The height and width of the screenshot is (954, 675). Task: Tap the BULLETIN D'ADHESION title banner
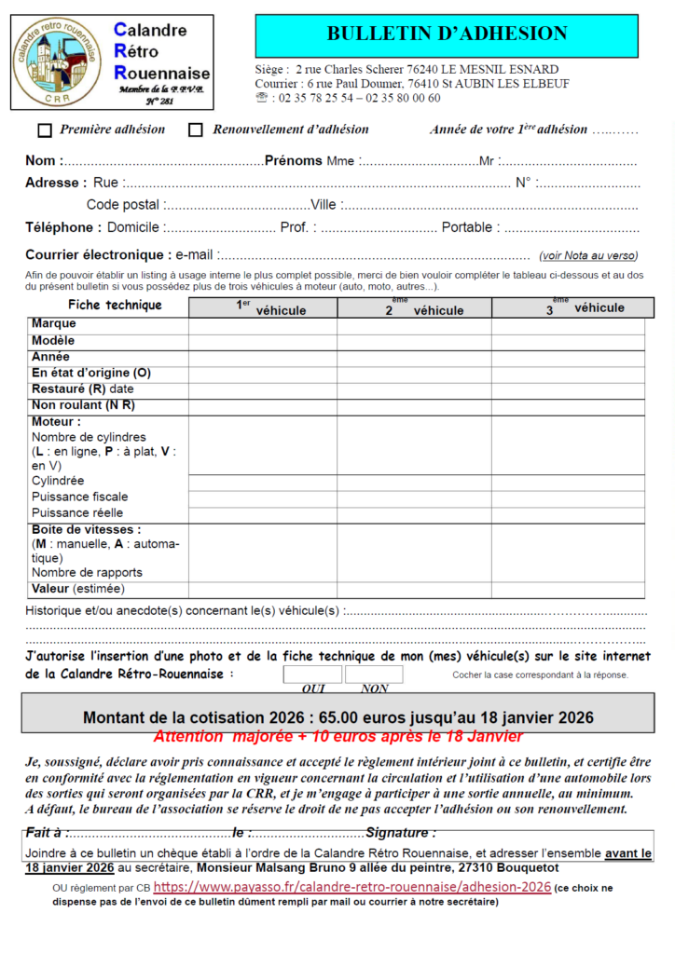coord(447,35)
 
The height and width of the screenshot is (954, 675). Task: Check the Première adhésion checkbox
coord(45,130)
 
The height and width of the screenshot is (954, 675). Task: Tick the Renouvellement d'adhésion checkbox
coord(196,130)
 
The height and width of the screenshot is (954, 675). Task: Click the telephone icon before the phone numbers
coord(261,98)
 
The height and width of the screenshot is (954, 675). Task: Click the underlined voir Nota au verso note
coord(588,255)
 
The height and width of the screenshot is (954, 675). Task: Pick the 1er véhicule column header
coord(263,307)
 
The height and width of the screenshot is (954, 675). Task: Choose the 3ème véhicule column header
coord(569,307)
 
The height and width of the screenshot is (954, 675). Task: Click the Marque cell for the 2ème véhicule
coord(414,324)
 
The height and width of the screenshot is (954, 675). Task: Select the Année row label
coord(51,357)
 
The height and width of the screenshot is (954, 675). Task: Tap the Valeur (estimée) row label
coord(77,589)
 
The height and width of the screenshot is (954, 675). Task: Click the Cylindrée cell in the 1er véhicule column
coord(263,482)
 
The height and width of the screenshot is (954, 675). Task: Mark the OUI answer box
coord(312,675)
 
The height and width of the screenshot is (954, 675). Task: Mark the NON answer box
coord(374,675)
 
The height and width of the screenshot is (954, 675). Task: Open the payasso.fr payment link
coord(352,888)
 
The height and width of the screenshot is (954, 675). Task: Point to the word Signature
coord(399,833)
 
